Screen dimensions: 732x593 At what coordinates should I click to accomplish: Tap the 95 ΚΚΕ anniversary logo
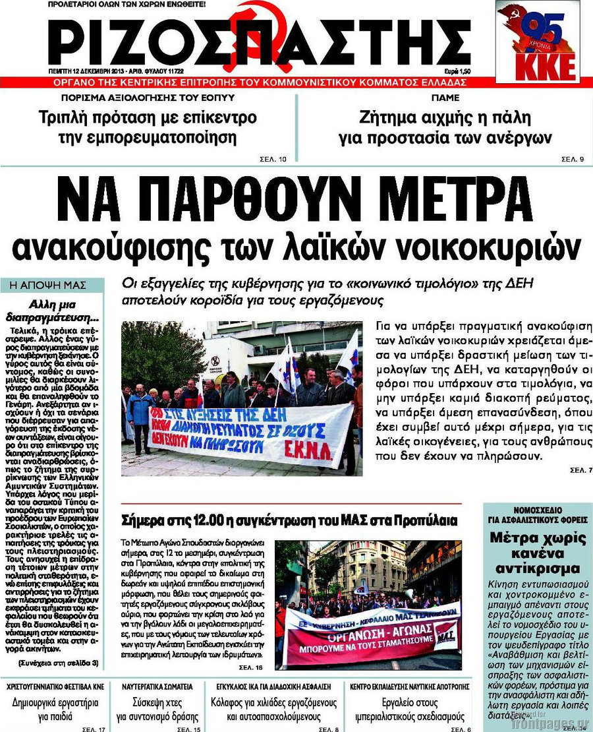[x=538, y=42]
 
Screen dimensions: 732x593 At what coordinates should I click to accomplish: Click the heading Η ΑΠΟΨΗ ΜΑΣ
[x=52, y=285]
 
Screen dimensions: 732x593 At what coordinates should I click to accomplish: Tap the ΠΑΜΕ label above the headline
[x=445, y=98]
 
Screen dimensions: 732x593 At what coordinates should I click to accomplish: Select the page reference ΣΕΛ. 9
[x=573, y=159]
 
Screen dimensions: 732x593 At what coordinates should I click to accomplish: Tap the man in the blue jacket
[x=140, y=415]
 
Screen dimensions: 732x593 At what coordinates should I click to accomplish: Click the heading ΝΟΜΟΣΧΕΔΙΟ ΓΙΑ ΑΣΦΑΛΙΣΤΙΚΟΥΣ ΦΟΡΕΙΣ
[x=537, y=514]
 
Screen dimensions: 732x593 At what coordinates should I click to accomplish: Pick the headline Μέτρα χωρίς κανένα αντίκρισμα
[x=537, y=553]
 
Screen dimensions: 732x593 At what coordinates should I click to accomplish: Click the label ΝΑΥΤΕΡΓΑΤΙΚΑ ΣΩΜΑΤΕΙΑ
[x=157, y=686]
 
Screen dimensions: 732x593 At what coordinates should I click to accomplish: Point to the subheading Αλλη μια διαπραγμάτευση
[x=55, y=309]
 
